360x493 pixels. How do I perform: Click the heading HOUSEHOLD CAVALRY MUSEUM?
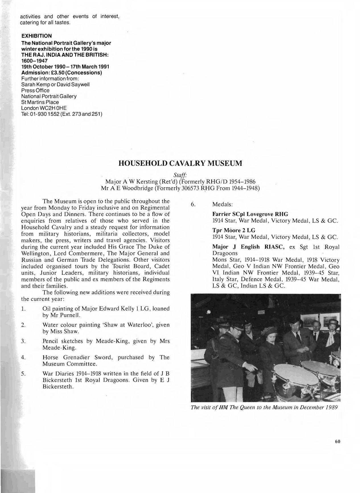[x=180, y=163]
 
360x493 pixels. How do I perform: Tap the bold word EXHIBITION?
[x=37, y=36]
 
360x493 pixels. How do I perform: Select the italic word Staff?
[x=180, y=175]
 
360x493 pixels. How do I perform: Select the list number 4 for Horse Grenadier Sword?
[x=23, y=358]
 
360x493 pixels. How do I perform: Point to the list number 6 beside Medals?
[x=193, y=204]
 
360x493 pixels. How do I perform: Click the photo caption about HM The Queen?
[x=264, y=407]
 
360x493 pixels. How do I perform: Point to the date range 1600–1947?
[x=34, y=61]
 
